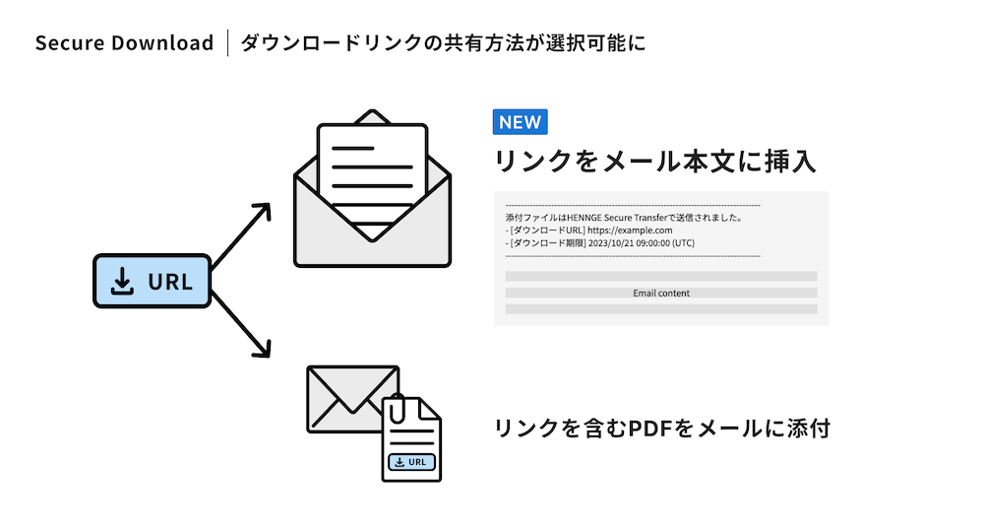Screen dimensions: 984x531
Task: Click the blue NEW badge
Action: point(520,122)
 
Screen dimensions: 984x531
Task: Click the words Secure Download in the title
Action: point(124,42)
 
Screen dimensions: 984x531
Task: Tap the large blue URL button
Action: point(153,281)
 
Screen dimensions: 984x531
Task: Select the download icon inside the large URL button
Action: point(122,281)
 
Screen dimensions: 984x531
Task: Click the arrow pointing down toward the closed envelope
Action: point(242,325)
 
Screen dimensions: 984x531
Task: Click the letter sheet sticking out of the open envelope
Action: point(372,179)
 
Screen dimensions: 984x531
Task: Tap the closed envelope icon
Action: point(352,399)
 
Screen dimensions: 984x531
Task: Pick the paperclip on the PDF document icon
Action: point(397,409)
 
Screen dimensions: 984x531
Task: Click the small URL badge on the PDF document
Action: point(411,462)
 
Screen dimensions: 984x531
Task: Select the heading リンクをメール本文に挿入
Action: point(654,161)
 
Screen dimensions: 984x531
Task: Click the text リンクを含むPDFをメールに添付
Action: point(662,428)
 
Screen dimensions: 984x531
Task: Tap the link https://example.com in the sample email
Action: point(630,230)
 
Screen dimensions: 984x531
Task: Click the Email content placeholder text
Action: point(661,293)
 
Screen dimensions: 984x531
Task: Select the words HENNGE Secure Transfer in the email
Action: point(617,218)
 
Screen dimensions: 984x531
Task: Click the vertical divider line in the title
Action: point(227,42)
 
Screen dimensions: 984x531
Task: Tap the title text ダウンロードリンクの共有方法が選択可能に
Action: point(443,42)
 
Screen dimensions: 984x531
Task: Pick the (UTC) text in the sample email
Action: point(683,242)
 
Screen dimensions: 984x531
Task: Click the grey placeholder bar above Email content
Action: point(661,277)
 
